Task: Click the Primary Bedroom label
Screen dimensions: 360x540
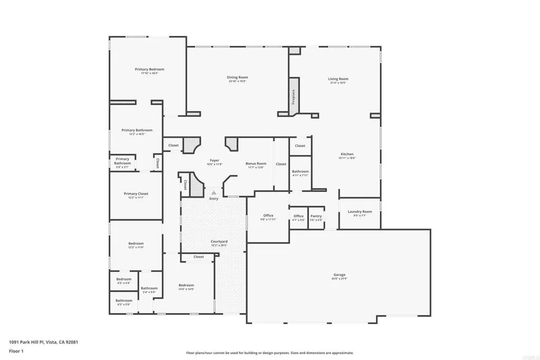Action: (149, 70)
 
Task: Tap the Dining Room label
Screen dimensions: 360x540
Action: (238, 77)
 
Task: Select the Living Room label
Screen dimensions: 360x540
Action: (338, 79)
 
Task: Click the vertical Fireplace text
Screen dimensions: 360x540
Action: (294, 98)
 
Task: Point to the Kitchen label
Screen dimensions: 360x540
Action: (347, 154)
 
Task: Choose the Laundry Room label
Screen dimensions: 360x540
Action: (360, 212)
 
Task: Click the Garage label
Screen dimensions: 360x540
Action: (339, 275)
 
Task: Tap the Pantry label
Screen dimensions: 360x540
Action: (316, 216)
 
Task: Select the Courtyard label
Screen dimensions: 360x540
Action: (219, 241)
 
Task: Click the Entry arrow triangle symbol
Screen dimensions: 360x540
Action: (214, 193)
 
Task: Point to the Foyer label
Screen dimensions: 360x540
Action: (214, 161)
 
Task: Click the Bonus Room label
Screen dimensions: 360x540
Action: (256, 164)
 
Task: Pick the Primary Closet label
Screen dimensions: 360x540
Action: (136, 194)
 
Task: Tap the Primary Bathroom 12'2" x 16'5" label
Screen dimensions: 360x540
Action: (137, 130)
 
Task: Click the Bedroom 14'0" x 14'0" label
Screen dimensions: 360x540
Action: (186, 285)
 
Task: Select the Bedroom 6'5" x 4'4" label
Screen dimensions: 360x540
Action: (124, 279)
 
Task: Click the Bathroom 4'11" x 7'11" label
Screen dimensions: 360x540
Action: (301, 172)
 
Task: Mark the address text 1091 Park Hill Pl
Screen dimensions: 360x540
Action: (43, 342)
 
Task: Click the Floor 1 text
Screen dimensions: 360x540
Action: (16, 351)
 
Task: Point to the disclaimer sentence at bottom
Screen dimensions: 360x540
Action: (269, 353)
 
